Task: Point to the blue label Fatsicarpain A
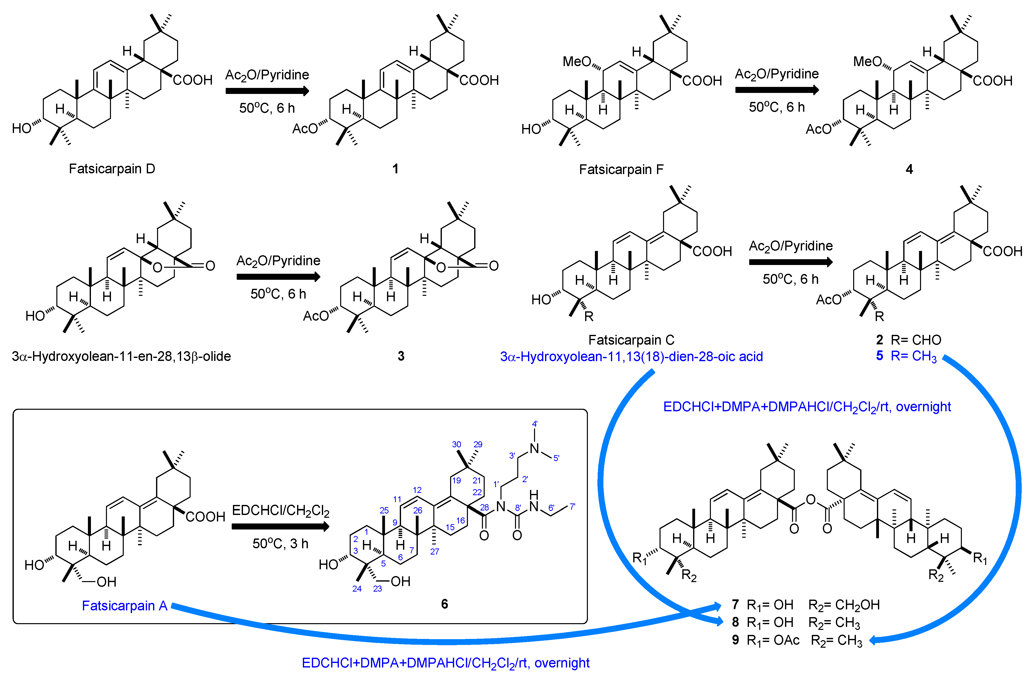click(125, 605)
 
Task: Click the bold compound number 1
click(395, 169)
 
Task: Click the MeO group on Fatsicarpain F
click(577, 62)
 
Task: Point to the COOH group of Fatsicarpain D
click(192, 80)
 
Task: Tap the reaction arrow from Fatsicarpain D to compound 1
click(267, 91)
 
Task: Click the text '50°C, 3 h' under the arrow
click(280, 543)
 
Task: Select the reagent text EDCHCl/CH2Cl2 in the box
click(281, 511)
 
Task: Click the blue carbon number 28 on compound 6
click(484, 507)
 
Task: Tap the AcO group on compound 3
click(316, 316)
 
